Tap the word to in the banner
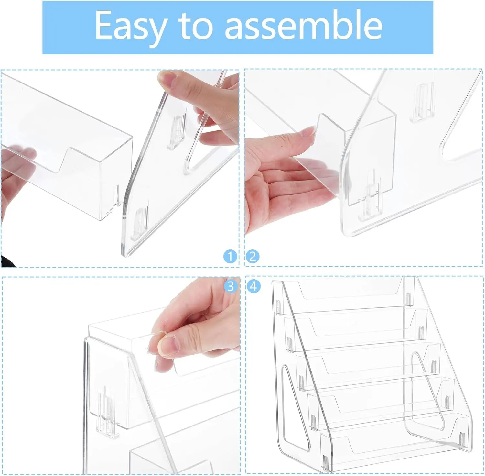pyautogui.click(x=196, y=25)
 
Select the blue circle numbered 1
pyautogui.click(x=230, y=257)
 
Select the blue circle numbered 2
pyautogui.click(x=253, y=257)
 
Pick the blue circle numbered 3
pyautogui.click(x=230, y=286)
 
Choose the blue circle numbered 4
pyautogui.click(x=253, y=286)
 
